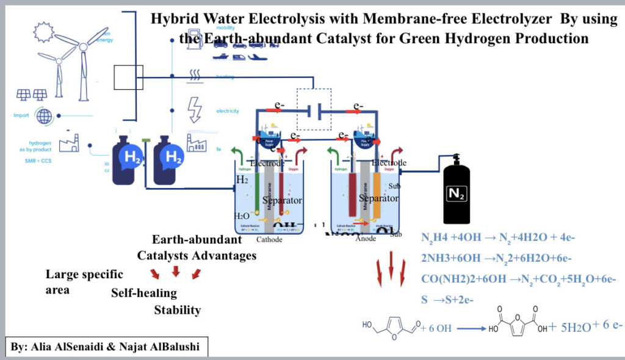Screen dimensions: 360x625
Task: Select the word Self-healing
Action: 143,293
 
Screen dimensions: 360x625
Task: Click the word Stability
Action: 177,310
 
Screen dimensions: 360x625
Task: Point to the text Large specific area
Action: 84,281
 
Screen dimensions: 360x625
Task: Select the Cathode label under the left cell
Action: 269,239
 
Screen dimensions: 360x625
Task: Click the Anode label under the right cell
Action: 366,239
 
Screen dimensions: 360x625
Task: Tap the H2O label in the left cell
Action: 242,215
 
